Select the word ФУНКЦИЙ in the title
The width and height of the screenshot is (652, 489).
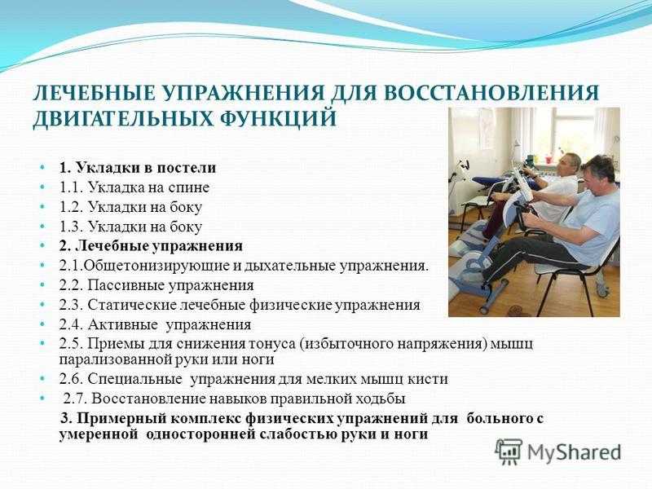pyautogui.click(x=278, y=118)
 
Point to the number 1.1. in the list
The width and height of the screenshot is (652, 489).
pyautogui.click(x=72, y=187)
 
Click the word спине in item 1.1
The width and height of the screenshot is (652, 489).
pyautogui.click(x=189, y=188)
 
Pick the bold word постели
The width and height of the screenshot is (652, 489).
pyautogui.click(x=187, y=168)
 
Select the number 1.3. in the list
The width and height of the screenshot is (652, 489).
pyautogui.click(x=72, y=227)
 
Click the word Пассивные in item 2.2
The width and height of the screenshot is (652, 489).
pyautogui.click(x=126, y=286)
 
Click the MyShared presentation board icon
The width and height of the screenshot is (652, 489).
pyautogui.click(x=508, y=452)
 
